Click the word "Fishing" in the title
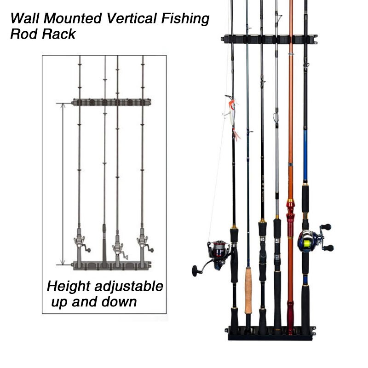click(185, 19)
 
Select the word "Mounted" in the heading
click(73, 18)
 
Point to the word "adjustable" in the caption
click(129, 287)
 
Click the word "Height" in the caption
click(69, 287)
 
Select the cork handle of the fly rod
click(248, 290)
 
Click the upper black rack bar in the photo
click(269, 39)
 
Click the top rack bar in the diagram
click(111, 102)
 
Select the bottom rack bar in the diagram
click(111, 265)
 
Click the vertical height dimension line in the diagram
click(63, 184)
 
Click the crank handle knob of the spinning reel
click(196, 271)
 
